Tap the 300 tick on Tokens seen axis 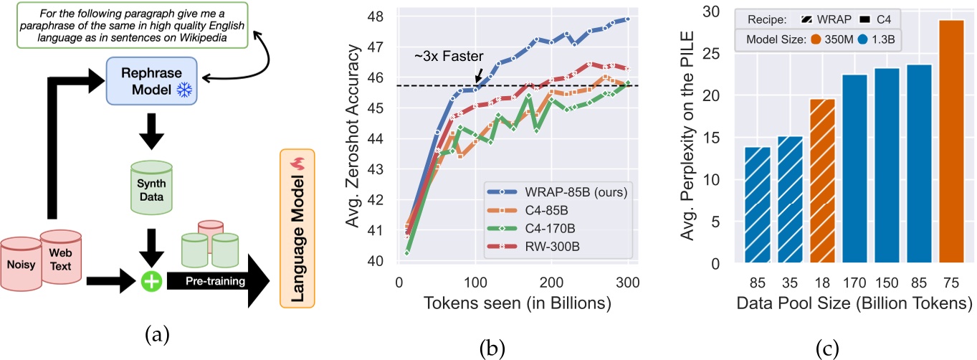[x=629, y=283]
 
